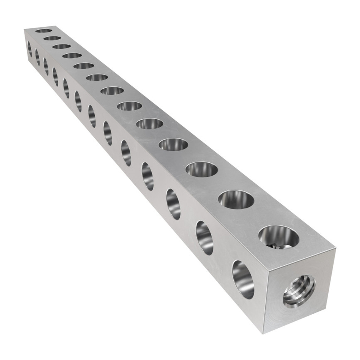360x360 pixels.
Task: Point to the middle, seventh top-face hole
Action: coord(112,91)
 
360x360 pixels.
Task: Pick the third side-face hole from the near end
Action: coord(174,204)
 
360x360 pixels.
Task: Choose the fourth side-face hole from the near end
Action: coord(148,176)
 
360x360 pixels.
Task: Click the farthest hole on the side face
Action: coord(30,49)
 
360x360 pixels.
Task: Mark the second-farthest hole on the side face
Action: coord(37,57)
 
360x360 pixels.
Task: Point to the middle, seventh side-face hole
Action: coord(92,116)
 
